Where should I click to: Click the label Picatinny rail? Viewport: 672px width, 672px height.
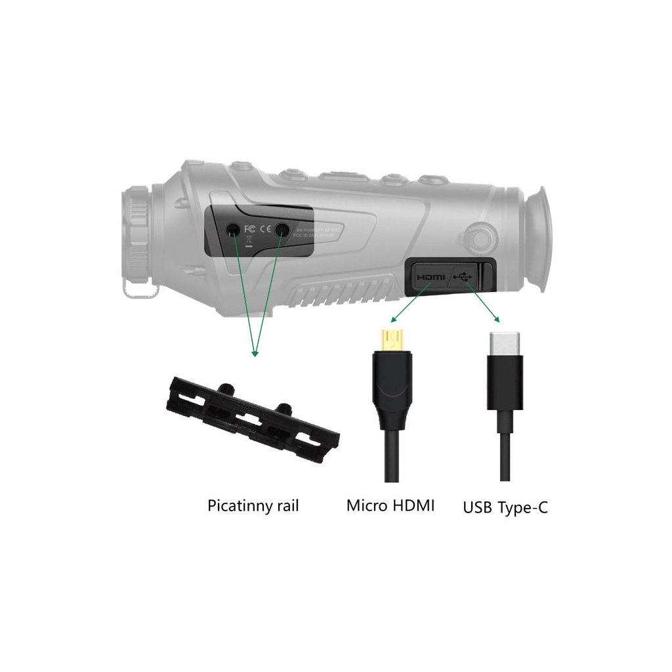[x=253, y=506]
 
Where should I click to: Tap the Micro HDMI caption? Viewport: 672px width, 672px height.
[x=390, y=506]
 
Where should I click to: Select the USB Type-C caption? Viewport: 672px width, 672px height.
[x=505, y=507]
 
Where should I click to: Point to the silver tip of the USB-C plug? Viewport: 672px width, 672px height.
[x=505, y=343]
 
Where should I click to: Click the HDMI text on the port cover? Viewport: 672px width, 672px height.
[x=430, y=278]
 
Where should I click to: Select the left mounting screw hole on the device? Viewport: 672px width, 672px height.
[x=234, y=229]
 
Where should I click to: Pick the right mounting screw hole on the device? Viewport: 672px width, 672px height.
[x=282, y=229]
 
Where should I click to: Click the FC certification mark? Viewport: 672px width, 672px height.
[x=249, y=229]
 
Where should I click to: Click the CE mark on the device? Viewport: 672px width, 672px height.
[x=266, y=229]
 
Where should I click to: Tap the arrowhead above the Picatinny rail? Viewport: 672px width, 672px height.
[x=255, y=353]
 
